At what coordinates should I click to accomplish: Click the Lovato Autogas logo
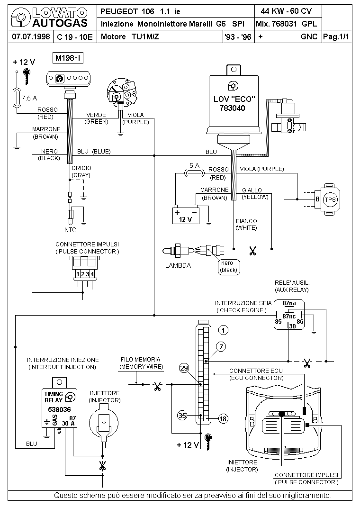click(50, 18)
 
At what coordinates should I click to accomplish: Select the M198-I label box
click(68, 58)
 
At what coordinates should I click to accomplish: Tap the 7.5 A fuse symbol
click(18, 98)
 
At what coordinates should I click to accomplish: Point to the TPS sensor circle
click(330, 199)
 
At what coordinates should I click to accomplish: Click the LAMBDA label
click(178, 265)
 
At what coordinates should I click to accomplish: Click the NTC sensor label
click(70, 230)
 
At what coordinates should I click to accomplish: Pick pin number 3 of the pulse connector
click(87, 274)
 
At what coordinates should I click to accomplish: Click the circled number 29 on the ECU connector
click(185, 368)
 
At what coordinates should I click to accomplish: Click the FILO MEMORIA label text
click(140, 360)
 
